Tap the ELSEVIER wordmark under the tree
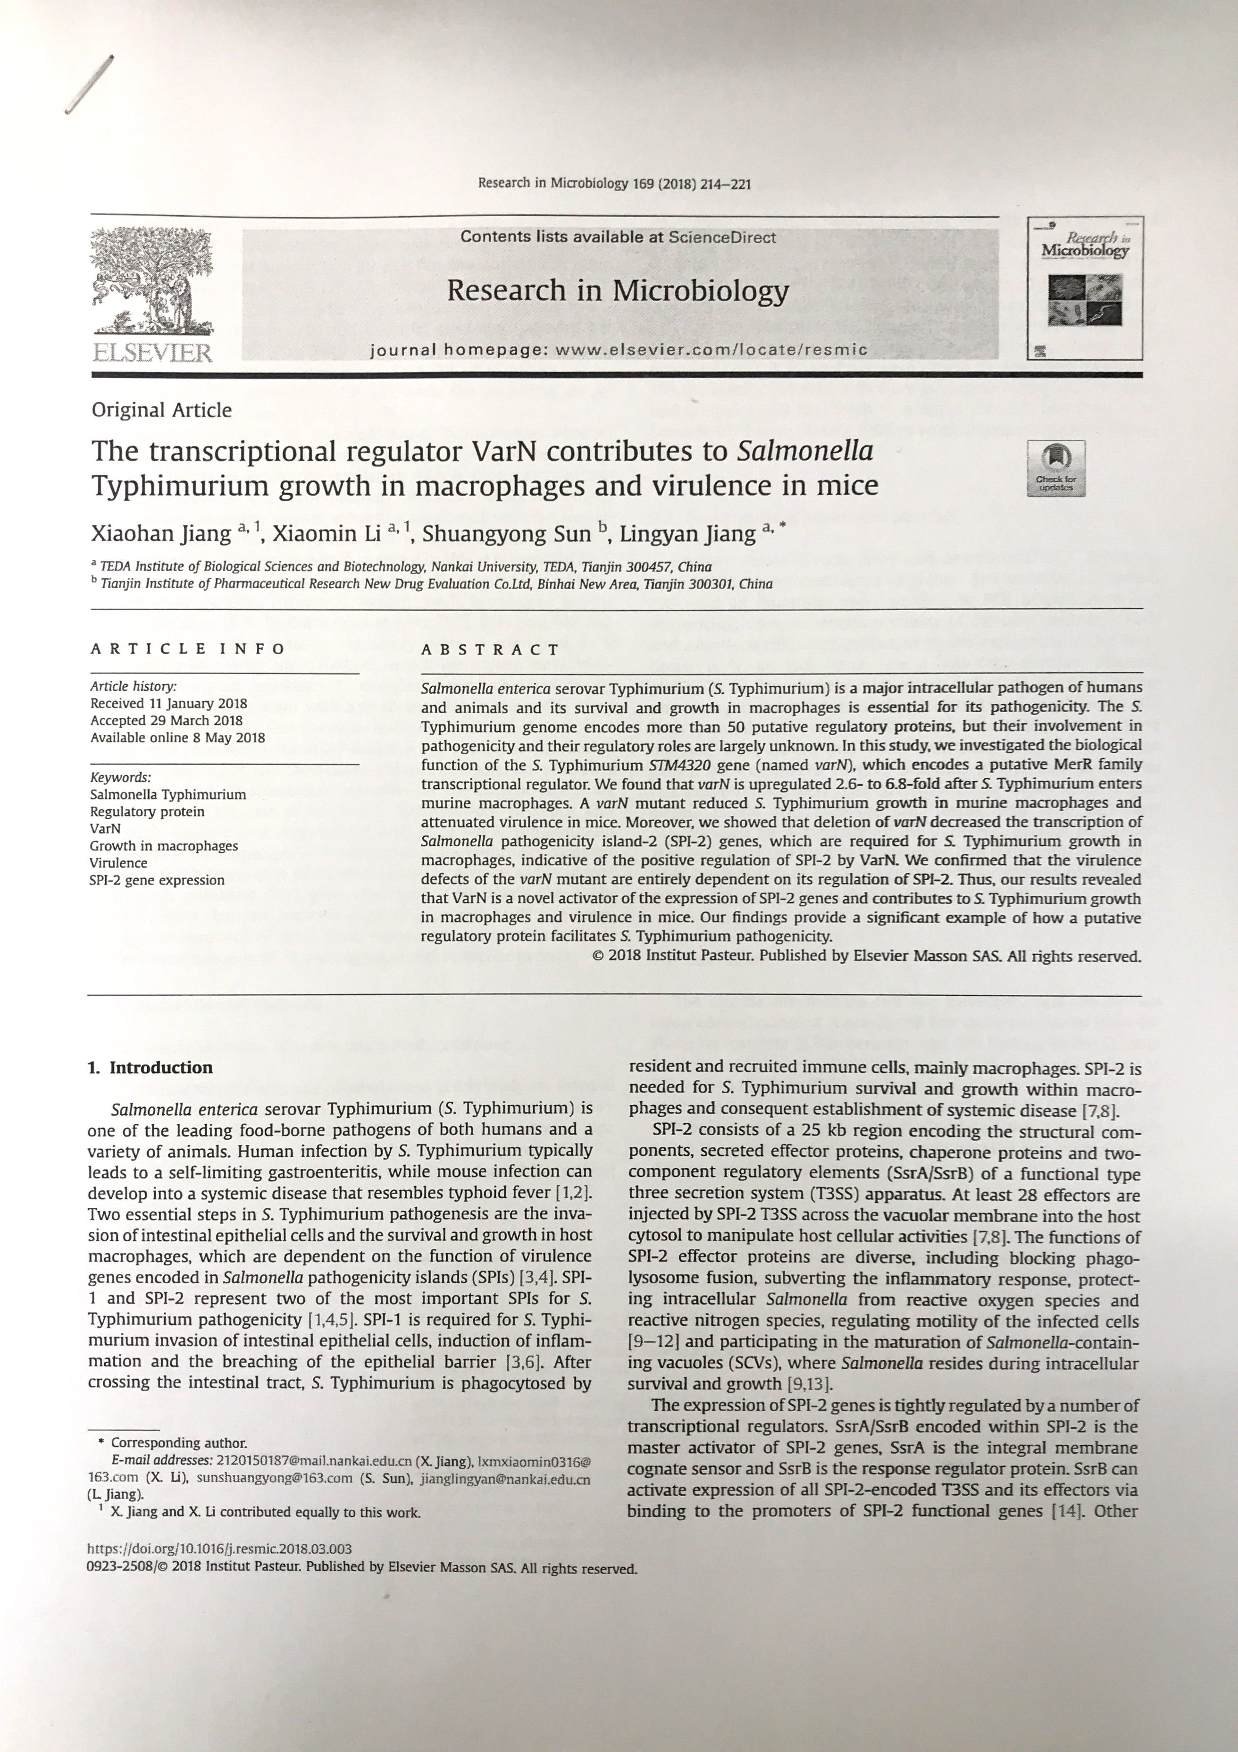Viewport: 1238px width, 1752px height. (x=152, y=353)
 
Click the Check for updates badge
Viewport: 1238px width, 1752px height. (x=1056, y=468)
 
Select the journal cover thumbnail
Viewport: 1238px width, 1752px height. (x=1084, y=288)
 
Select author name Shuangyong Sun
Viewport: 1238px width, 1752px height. (x=507, y=533)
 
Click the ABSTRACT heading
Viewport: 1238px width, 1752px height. (x=491, y=649)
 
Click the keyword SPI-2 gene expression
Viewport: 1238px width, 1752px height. (x=157, y=880)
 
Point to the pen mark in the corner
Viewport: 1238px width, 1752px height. (x=90, y=84)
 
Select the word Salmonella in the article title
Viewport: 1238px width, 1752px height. (x=805, y=451)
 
